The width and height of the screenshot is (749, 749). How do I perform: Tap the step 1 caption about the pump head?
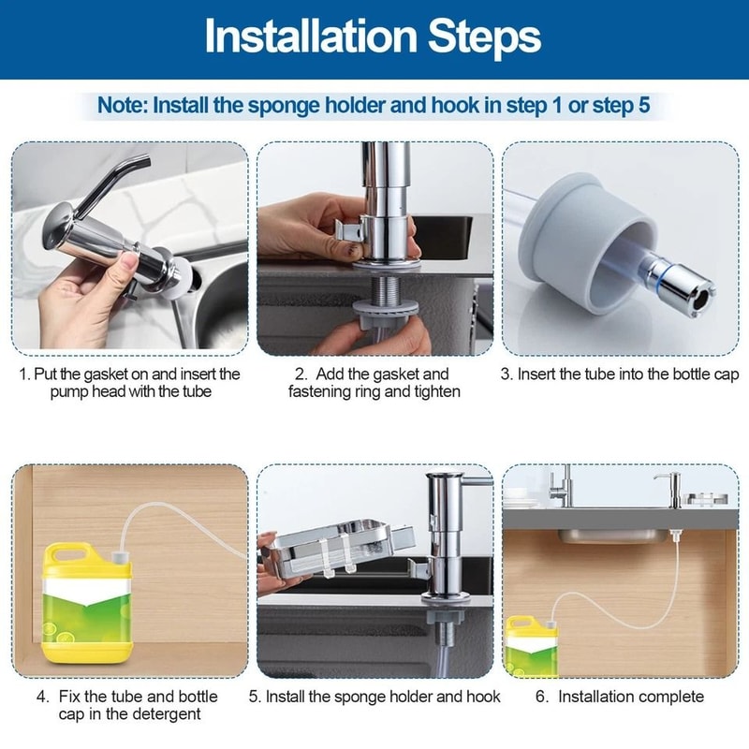130,383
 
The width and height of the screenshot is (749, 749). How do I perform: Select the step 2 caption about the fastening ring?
374,383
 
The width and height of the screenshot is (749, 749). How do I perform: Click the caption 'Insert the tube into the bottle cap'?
619,374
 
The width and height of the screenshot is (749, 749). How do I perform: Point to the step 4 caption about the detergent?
127,705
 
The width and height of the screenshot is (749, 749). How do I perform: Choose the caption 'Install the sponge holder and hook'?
374,697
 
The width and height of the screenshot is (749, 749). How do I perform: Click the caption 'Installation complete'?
631,697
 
